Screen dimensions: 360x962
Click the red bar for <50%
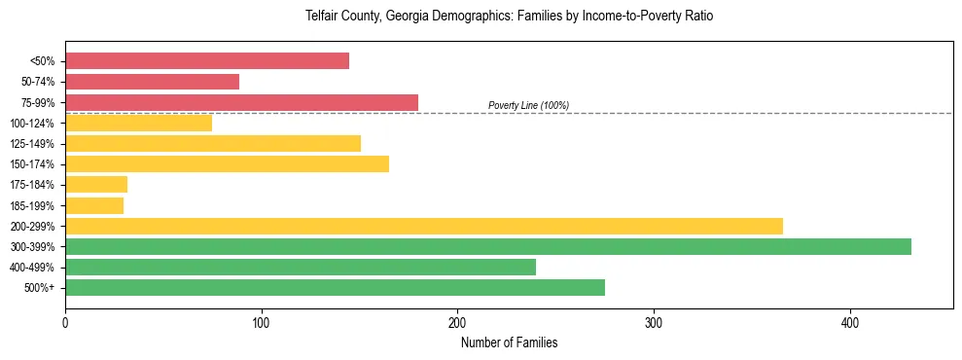[x=206, y=61]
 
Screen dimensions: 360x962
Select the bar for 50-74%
[x=152, y=82]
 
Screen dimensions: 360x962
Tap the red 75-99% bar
[x=241, y=102]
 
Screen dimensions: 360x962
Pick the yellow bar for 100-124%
[x=138, y=123]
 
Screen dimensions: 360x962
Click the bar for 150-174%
[x=227, y=163]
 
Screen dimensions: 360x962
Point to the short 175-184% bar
[x=96, y=184]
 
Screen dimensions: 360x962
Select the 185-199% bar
[x=94, y=205]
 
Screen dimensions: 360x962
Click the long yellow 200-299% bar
[x=423, y=226]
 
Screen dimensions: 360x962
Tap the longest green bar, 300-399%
[x=487, y=246]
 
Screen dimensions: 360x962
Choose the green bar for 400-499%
[x=300, y=267]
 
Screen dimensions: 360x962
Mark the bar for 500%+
[x=335, y=287]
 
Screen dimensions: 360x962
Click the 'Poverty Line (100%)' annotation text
[x=528, y=105]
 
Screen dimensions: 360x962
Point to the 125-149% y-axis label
[x=32, y=144]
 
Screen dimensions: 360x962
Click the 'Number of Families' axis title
[x=509, y=342]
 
